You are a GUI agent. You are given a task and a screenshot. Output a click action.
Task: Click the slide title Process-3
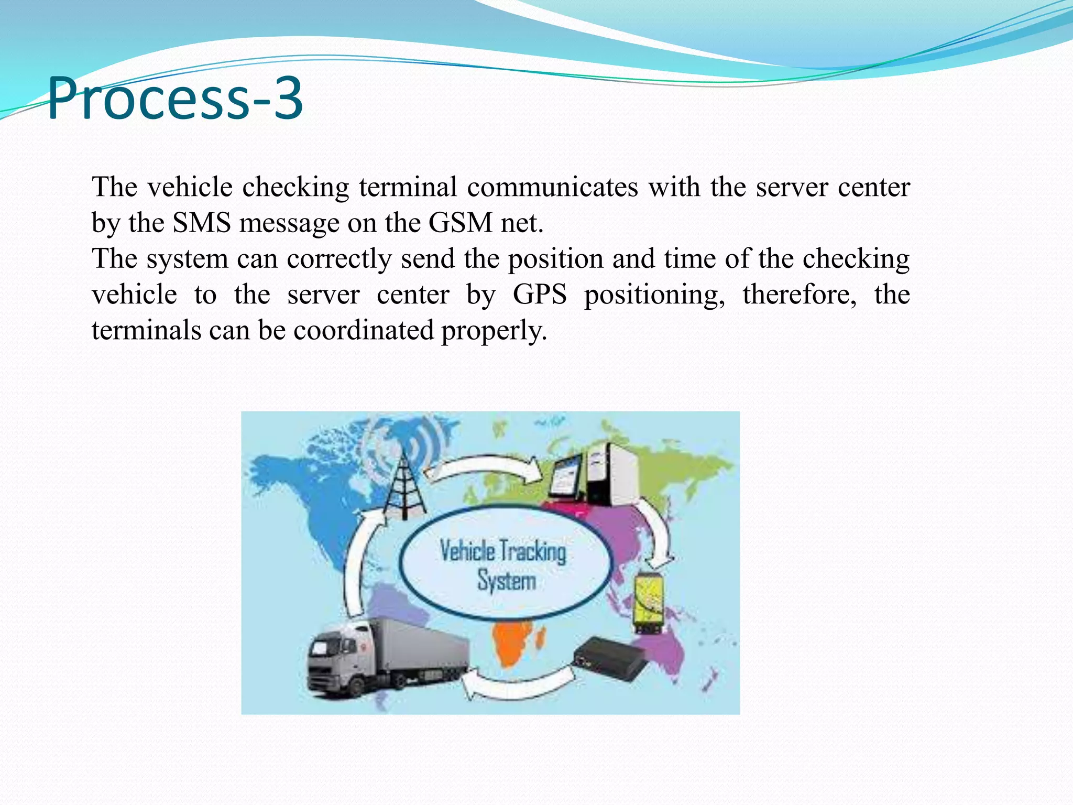[175, 98]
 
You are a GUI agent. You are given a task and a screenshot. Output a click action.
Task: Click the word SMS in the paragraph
[202, 223]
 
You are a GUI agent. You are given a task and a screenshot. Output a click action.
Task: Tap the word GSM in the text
[460, 223]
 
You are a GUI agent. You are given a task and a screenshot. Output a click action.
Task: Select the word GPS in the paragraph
[540, 295]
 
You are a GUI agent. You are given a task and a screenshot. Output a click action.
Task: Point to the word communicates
[552, 187]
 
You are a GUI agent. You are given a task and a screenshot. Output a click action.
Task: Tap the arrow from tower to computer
[485, 467]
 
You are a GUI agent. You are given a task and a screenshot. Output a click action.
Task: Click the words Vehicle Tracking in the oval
[502, 551]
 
